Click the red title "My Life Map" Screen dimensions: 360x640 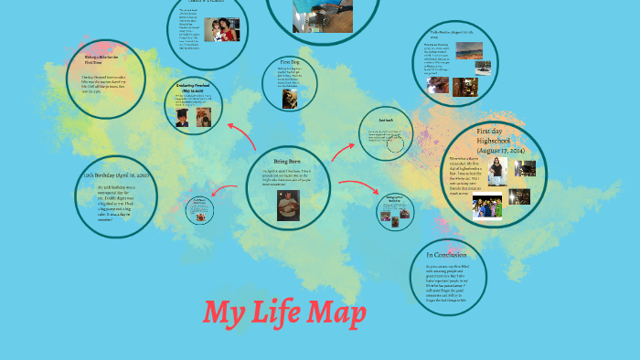click(284, 313)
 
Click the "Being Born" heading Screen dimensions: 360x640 click(287, 162)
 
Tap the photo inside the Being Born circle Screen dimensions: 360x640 click(288, 205)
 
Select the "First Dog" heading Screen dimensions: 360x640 click(290, 61)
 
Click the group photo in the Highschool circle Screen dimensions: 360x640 click(487, 208)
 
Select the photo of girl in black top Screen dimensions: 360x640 click(497, 171)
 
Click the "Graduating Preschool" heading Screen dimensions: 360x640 click(194, 88)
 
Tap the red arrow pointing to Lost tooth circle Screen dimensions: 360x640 click(342, 152)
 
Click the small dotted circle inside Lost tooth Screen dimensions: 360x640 click(396, 143)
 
